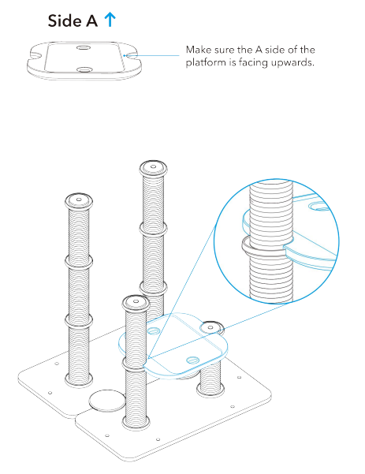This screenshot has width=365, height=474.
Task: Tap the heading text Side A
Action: coord(75,21)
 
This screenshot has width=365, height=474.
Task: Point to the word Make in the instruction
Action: coord(199,50)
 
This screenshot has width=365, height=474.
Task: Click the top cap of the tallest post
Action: coord(153,167)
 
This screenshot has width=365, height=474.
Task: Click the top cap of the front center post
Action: coord(134,303)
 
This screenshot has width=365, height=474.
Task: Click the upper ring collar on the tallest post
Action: coord(153,230)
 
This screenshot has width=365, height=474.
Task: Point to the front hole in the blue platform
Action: coord(192,359)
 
